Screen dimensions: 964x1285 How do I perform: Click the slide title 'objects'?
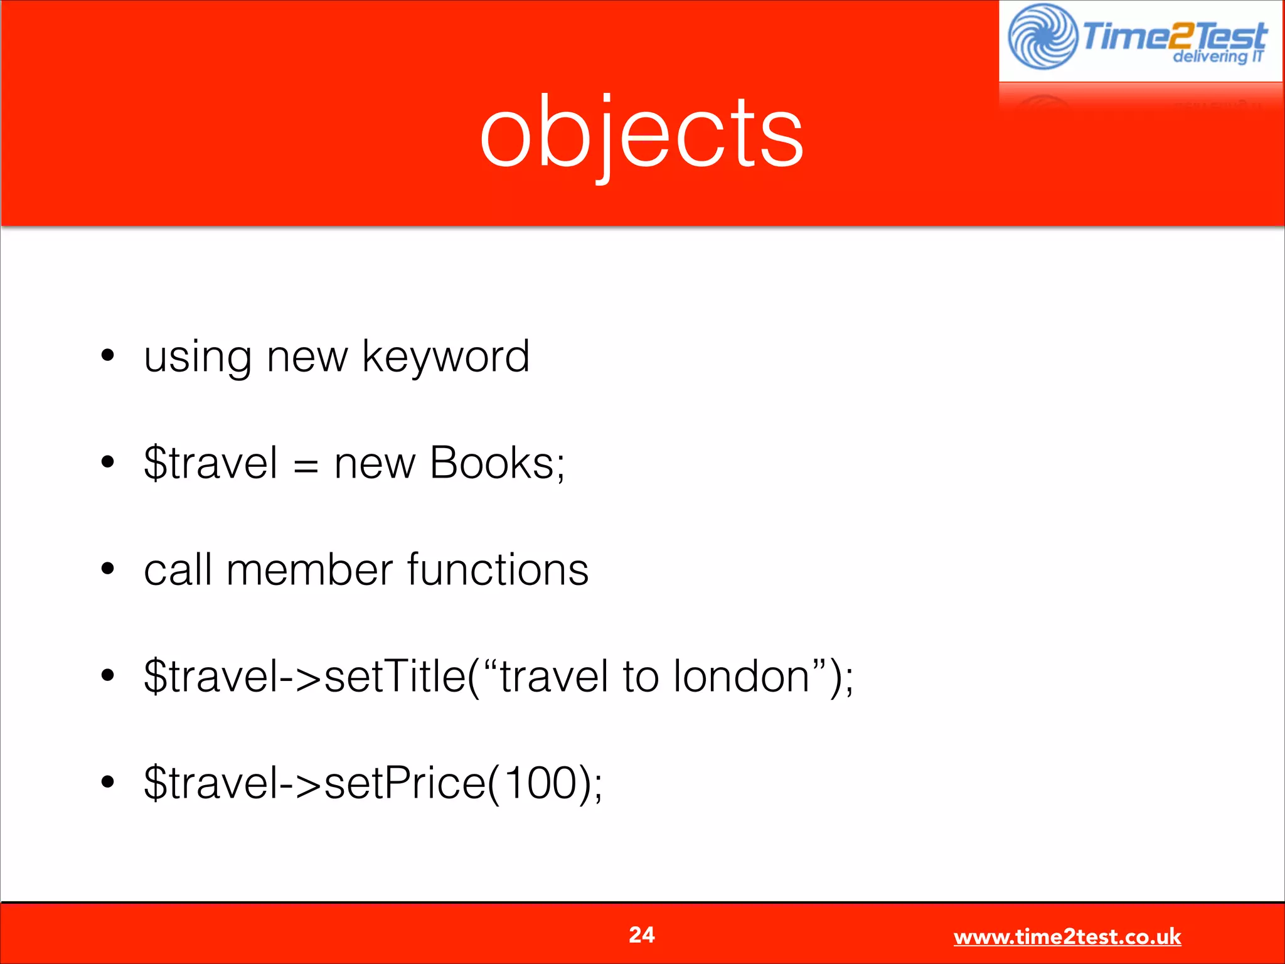tap(641, 133)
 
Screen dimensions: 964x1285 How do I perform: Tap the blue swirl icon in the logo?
tap(1042, 36)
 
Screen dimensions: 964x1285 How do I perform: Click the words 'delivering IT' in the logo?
tap(1217, 57)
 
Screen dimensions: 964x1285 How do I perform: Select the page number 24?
tap(641, 935)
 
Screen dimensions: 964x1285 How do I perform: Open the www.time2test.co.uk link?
tap(1067, 937)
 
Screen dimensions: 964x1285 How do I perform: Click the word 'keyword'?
tap(445, 356)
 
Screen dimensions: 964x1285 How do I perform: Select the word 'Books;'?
tap(497, 463)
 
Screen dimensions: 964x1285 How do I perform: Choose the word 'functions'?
tap(498, 570)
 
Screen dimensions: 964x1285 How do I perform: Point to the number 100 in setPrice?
tap(541, 783)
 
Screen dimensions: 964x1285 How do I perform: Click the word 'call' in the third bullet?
tap(178, 570)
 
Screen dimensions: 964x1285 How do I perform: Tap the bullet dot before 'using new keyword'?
tap(108, 355)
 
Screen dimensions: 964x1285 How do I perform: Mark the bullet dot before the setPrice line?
tap(108, 782)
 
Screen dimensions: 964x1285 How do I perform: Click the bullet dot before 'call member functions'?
tap(108, 569)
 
